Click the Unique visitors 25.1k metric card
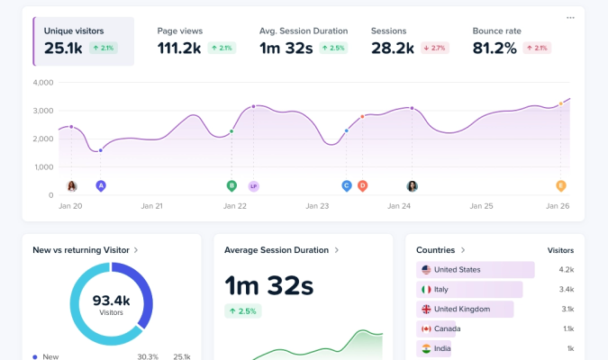[x=84, y=41]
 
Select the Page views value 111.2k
[x=179, y=48]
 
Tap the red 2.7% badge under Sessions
[x=435, y=48]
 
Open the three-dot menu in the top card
[x=570, y=18]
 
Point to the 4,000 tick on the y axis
[x=43, y=83]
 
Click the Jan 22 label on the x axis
[x=235, y=206]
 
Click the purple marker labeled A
[x=101, y=185]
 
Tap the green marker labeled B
[x=231, y=185]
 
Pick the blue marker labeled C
[x=346, y=185]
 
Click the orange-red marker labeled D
[x=362, y=185]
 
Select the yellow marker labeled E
[x=560, y=185]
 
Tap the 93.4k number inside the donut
[x=112, y=301]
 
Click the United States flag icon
[x=426, y=270]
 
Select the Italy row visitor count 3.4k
[x=566, y=290]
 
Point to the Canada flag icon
[x=426, y=328]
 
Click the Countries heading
[x=440, y=249]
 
